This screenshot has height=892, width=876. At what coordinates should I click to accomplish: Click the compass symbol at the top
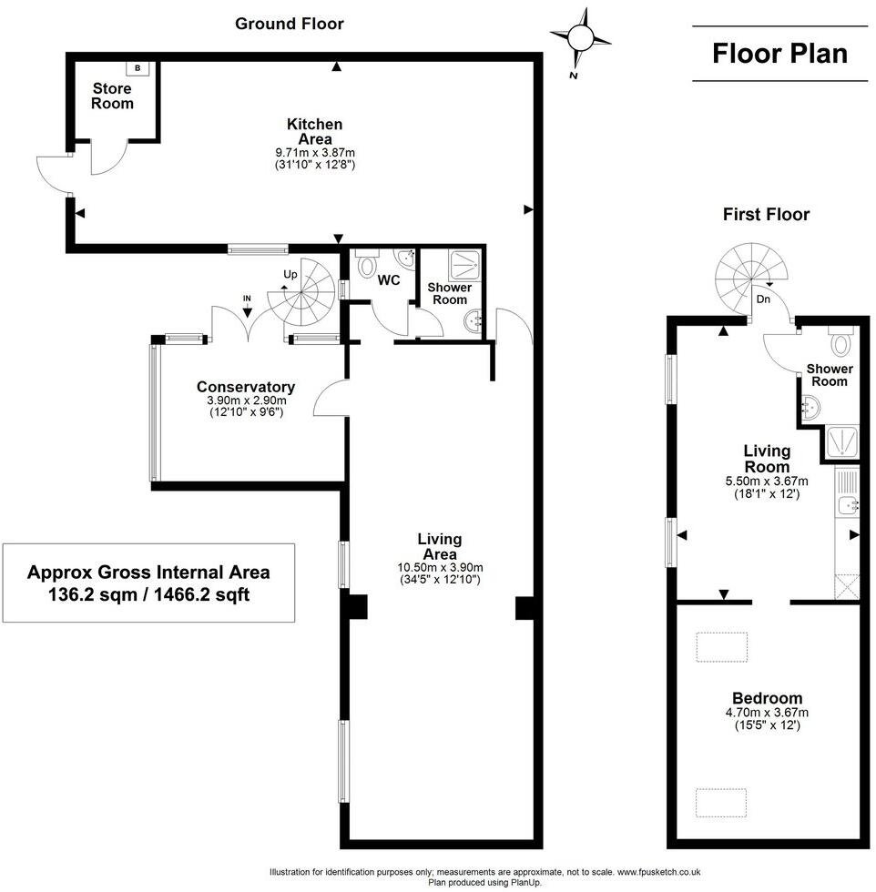point(581,38)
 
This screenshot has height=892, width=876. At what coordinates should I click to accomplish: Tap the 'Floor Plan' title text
point(779,53)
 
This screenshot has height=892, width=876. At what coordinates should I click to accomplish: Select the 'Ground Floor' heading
point(290,24)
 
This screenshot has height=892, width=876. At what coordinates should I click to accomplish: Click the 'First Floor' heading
point(766,215)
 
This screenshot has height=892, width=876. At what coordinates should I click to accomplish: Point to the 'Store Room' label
point(112,96)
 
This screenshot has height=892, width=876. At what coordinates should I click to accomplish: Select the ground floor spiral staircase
point(304,291)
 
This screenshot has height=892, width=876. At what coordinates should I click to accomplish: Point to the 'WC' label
point(389,280)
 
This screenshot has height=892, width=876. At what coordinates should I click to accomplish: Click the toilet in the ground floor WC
point(368,264)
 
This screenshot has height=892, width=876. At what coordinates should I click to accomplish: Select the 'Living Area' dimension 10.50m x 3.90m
point(439,567)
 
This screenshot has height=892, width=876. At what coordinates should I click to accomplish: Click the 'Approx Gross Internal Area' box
point(148,583)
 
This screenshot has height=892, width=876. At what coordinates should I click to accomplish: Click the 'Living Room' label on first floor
point(767,459)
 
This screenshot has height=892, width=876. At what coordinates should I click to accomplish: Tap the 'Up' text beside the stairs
point(290,274)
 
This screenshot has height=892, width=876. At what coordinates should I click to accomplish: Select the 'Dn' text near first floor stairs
point(764,299)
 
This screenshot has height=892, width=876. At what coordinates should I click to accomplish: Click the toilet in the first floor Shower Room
point(840,343)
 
